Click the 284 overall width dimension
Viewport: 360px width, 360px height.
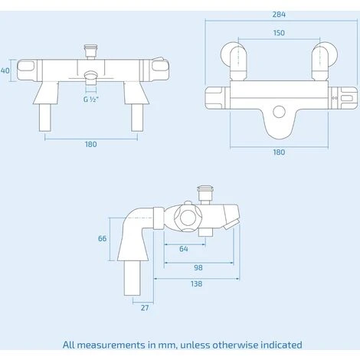tap(278, 14)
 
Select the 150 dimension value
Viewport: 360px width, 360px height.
tap(278, 33)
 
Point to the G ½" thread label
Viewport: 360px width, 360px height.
tap(91, 99)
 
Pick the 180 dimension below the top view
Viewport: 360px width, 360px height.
tap(279, 152)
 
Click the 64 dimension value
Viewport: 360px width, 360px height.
tap(183, 248)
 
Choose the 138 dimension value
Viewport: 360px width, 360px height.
tap(197, 283)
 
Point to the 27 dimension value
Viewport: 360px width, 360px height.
tap(145, 308)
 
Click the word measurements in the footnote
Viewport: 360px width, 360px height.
tap(114, 345)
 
